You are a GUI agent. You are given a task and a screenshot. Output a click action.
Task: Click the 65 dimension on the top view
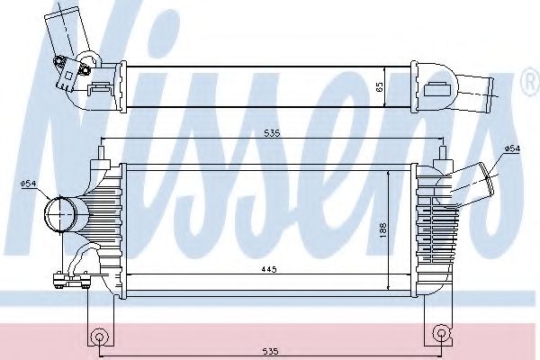[x=380, y=87]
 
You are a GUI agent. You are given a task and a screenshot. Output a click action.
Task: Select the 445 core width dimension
[x=269, y=267]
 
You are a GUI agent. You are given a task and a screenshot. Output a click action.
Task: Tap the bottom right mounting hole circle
[x=440, y=335]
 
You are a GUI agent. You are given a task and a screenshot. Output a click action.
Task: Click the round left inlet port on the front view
[x=62, y=215]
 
